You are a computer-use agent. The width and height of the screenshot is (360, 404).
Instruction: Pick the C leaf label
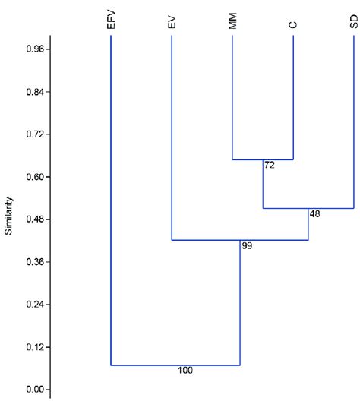(293, 25)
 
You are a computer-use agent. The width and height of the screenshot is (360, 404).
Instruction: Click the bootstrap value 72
(269, 165)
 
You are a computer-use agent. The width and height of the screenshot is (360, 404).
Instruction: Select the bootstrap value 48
(314, 213)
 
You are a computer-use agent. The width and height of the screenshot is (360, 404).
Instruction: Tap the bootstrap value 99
(246, 246)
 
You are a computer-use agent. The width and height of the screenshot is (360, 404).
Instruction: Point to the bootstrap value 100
(185, 371)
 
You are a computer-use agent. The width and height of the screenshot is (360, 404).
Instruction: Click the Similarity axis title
(9, 216)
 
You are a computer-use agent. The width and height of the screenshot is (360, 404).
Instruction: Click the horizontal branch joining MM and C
(263, 159)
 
